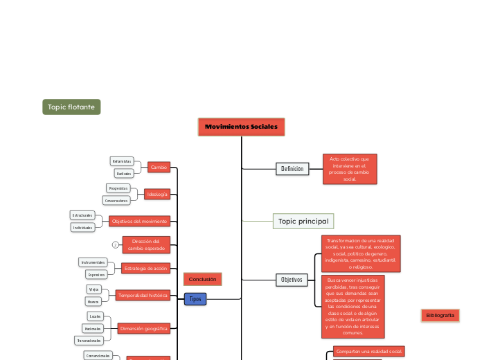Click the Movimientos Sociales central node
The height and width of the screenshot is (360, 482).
click(241, 127)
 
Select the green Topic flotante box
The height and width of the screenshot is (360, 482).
click(71, 107)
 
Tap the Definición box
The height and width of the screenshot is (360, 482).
click(292, 169)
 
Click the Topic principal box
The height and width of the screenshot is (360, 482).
click(303, 222)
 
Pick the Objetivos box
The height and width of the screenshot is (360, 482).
click(292, 280)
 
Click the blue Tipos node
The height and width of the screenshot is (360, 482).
click(195, 298)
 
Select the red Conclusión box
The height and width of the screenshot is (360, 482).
click(202, 279)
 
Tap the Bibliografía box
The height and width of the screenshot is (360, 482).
click(440, 316)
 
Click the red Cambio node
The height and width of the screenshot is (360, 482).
click(159, 167)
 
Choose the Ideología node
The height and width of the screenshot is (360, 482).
click(157, 195)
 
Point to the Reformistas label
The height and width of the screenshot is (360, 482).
click(122, 161)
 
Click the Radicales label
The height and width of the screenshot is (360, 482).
click(124, 173)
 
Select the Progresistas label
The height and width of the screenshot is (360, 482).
click(118, 188)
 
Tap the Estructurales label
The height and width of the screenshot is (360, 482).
click(82, 215)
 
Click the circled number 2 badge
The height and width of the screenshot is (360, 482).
click(115, 244)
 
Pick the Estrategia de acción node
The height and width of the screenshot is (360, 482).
click(146, 268)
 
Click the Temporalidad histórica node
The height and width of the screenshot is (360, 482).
click(143, 295)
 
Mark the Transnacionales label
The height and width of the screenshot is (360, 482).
click(89, 341)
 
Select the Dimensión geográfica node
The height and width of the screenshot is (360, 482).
click(143, 328)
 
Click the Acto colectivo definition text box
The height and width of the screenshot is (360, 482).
click(350, 169)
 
